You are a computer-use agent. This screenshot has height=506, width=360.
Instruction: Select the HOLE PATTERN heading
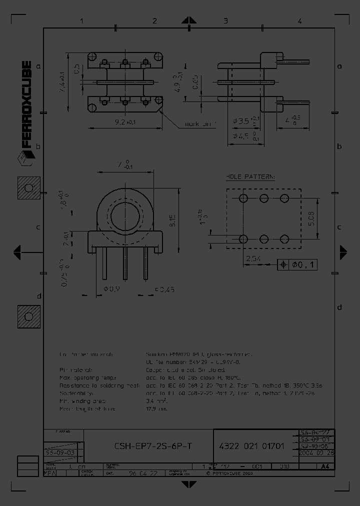pyautogui.click(x=250, y=177)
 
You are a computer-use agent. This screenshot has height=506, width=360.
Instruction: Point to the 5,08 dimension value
pyautogui.click(x=311, y=218)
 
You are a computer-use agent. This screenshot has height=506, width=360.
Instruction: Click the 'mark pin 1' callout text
pyautogui.click(x=200, y=124)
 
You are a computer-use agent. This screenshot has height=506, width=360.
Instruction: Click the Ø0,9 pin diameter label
pyautogui.click(x=111, y=288)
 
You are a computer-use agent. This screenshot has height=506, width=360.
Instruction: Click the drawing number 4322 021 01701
pyautogui.click(x=252, y=446)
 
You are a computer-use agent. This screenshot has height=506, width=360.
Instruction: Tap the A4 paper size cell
pyautogui.click(x=325, y=466)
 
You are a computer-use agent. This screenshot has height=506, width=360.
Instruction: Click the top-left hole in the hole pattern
pyautogui.click(x=243, y=198)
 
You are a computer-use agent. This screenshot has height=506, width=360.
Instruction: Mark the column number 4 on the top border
pyautogui.click(x=299, y=21)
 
